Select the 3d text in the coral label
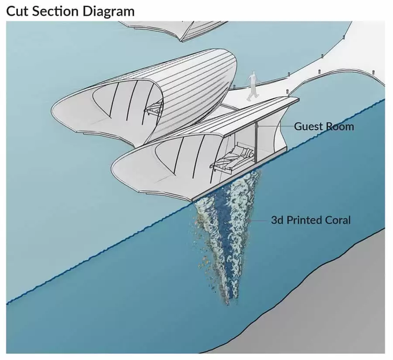coord(277,220)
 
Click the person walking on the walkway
coord(252,86)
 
